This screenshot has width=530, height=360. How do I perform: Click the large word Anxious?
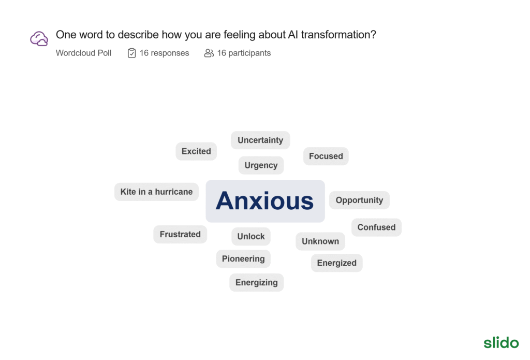(265, 201)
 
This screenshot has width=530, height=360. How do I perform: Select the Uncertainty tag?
(260, 140)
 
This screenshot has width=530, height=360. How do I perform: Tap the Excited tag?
(196, 151)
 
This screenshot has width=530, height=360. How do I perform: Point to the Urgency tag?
(261, 165)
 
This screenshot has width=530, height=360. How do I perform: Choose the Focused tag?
(326, 156)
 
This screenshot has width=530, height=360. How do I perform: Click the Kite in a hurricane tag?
(156, 192)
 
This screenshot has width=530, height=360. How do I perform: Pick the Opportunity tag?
(359, 200)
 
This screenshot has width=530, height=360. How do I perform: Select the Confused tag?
(377, 227)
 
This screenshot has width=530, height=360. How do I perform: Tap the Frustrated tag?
(180, 234)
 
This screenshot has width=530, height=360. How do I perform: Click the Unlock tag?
(251, 236)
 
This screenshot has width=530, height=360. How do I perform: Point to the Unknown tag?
(320, 241)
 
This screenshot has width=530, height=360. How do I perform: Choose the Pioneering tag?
(243, 259)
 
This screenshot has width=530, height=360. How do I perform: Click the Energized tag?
(336, 263)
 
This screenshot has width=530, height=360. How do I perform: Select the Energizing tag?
(257, 282)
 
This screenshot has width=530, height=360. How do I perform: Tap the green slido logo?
(501, 342)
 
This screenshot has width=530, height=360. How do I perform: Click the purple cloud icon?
(39, 38)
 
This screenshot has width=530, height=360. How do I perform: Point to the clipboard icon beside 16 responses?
(132, 53)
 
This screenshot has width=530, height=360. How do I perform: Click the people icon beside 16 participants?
(209, 53)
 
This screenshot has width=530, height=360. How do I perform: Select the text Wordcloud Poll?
(83, 53)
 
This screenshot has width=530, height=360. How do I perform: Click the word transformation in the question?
(338, 35)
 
